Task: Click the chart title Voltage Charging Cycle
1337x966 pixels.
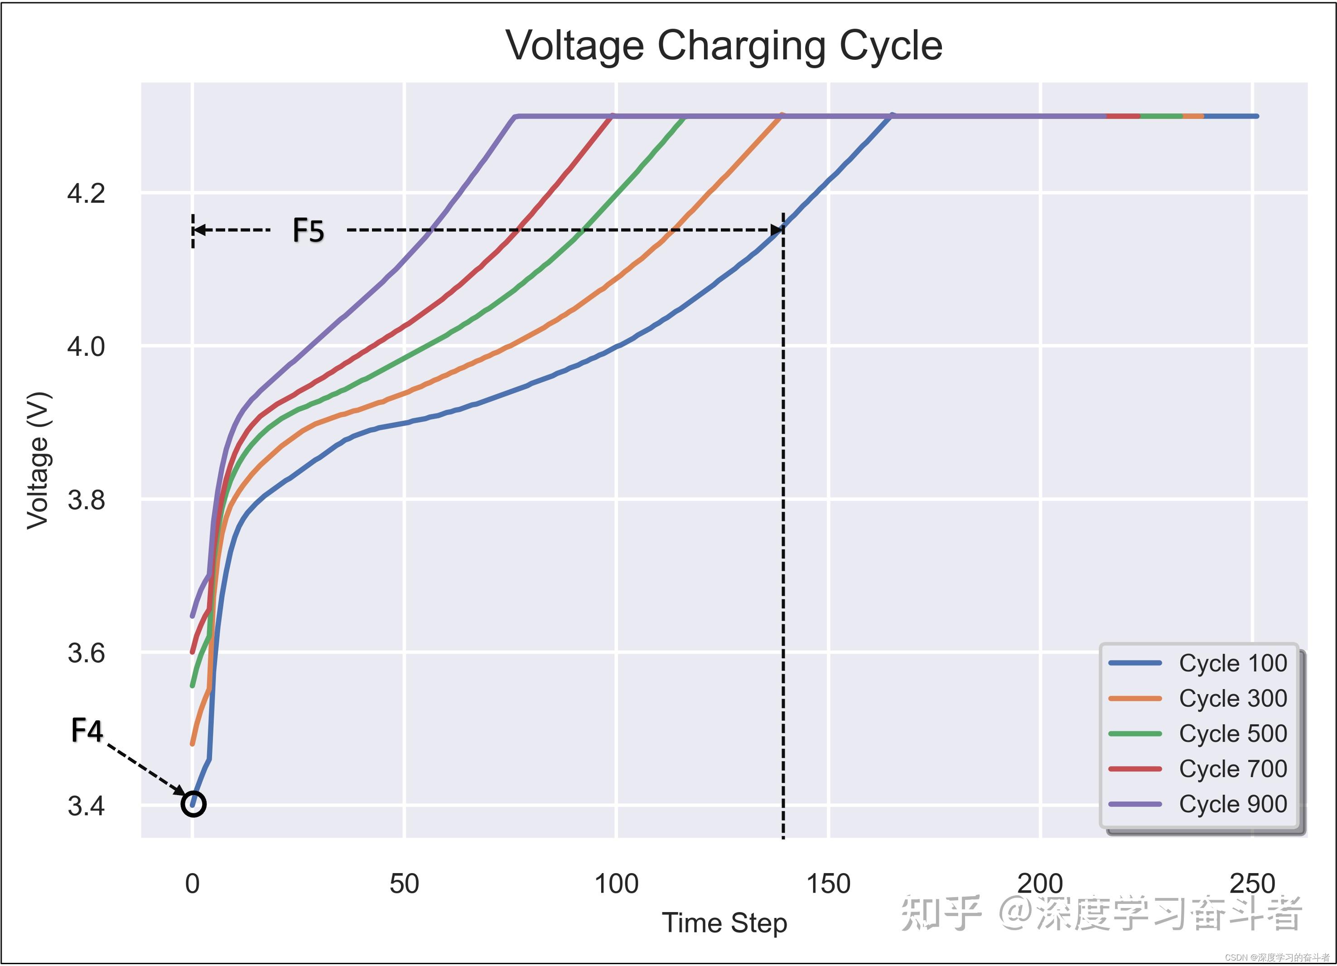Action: [724, 45]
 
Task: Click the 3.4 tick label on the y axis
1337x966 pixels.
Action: [86, 806]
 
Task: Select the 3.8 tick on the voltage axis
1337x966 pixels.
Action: [86, 500]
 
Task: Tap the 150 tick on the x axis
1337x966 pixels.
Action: [828, 884]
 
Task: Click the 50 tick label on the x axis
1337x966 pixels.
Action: [405, 884]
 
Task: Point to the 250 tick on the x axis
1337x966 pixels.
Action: [1253, 884]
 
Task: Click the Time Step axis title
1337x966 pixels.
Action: [724, 923]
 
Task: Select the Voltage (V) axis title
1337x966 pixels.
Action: [39, 460]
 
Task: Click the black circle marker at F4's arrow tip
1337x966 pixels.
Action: [193, 804]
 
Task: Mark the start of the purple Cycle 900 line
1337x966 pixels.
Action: [192, 616]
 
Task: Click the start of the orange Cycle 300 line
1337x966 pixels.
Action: [192, 744]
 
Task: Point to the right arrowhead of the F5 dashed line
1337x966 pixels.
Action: [777, 230]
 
